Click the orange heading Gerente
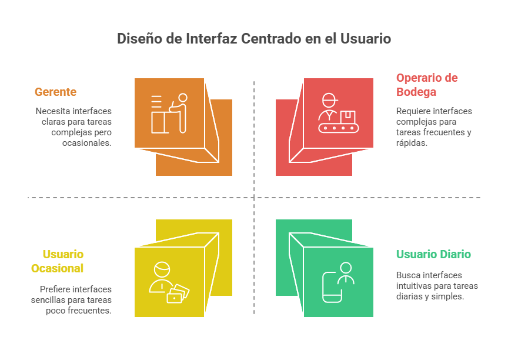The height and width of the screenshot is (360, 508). pos(55,92)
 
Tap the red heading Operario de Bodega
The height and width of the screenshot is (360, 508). pos(427,85)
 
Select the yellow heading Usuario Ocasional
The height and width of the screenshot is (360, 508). pos(58,261)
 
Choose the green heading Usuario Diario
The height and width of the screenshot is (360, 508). pos(433,254)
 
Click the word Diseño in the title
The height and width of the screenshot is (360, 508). pos(139,39)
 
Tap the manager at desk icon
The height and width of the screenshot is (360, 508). pos(169,114)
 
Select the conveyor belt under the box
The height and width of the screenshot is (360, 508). pos(339,128)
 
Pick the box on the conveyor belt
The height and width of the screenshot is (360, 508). pos(347,117)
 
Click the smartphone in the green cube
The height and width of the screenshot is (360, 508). pos(332,288)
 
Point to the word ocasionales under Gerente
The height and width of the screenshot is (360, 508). pos(87,143)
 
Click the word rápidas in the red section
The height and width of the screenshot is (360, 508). pos(412,143)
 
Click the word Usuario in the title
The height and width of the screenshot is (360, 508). pos(366,39)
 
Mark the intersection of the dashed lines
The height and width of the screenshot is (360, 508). pos(254,197)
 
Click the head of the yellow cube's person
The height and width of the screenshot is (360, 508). pos(162,269)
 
